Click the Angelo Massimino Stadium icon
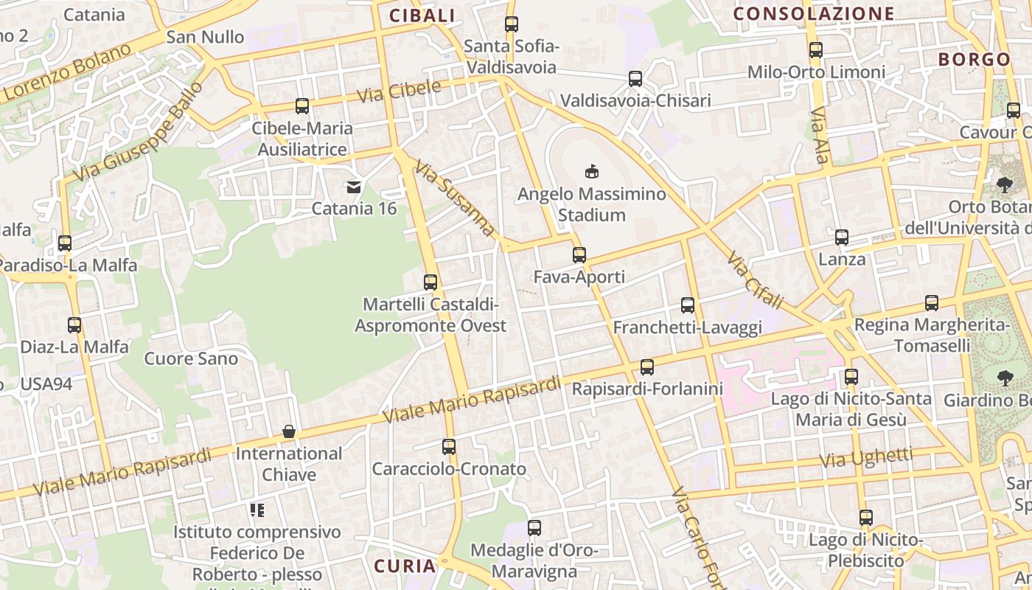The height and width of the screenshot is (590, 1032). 591,172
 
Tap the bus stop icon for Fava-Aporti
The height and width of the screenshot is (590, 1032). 579,255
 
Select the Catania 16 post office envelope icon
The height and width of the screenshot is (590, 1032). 354,187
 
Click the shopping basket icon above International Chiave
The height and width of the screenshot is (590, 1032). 289,431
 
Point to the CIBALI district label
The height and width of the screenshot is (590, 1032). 422,15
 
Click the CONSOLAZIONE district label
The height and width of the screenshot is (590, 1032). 814,13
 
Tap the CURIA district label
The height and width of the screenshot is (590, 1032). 405,566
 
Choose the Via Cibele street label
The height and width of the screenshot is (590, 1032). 399,91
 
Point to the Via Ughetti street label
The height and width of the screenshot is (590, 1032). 866,458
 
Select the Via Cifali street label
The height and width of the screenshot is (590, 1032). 754,280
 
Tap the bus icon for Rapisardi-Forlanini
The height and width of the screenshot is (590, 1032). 647,367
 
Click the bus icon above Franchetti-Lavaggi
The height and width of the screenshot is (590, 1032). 688,305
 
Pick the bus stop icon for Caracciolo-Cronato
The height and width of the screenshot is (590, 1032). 449,446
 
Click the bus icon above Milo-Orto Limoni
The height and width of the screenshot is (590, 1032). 816,50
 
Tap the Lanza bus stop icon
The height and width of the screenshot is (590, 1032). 842,237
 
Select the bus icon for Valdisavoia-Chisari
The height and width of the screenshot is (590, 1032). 635,79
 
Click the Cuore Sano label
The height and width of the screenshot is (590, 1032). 191,359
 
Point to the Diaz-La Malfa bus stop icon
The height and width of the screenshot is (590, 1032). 74,324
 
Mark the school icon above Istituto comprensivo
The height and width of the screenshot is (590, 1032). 257,510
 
